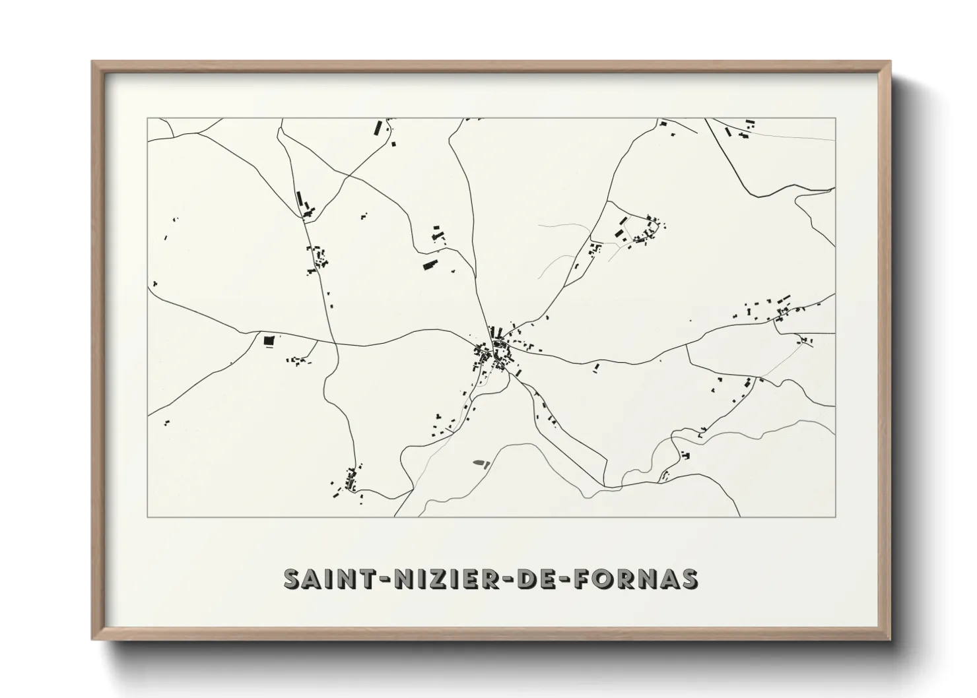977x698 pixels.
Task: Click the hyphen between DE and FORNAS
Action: click(x=568, y=579)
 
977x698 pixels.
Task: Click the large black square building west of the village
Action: click(x=268, y=340)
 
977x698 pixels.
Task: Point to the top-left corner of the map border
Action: click(x=148, y=119)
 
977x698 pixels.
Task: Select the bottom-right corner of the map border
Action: click(x=835, y=517)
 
